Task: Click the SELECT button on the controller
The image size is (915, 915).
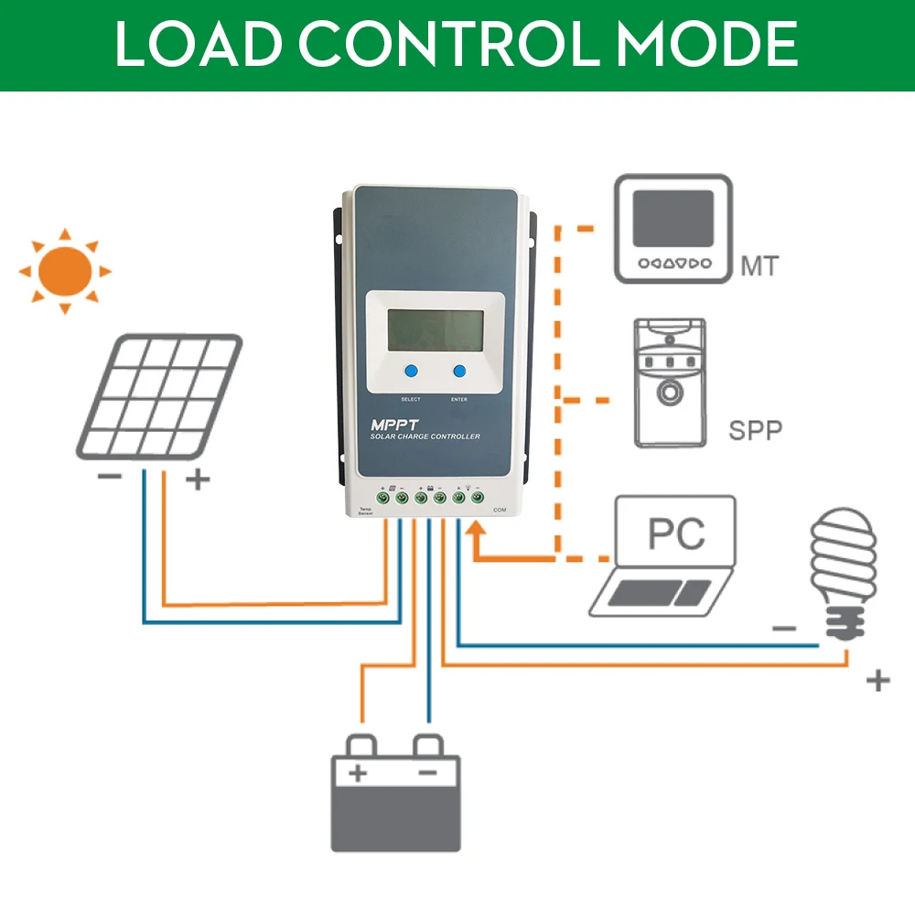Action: click(x=411, y=372)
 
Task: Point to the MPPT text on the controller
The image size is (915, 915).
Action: click(x=393, y=425)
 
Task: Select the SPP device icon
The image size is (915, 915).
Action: click(x=671, y=382)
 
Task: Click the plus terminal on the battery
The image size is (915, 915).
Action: click(x=358, y=773)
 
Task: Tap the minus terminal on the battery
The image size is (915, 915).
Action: click(x=427, y=773)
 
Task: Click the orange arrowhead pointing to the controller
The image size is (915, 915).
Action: click(x=474, y=533)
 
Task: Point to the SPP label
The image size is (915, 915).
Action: click(x=756, y=430)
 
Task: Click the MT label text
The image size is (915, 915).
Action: click(x=759, y=267)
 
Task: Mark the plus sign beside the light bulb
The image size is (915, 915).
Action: click(x=877, y=680)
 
